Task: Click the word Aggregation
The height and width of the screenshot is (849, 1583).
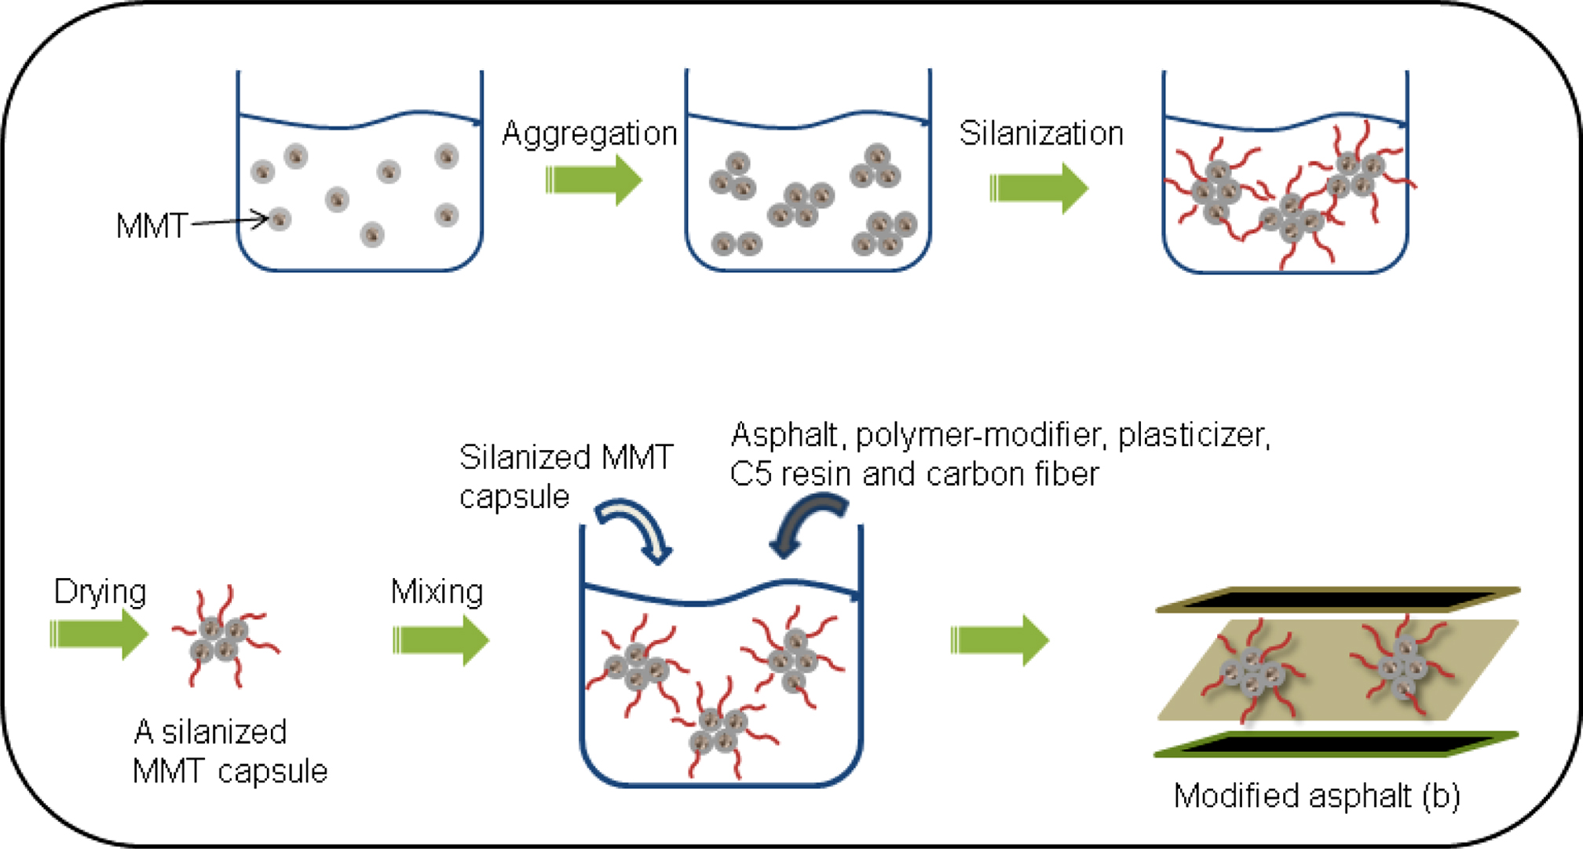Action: [589, 134]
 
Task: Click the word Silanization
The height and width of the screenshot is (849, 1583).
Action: [1041, 134]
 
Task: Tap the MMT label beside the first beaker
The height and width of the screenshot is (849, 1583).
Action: [152, 226]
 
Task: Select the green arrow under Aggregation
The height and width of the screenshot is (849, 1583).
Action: [594, 180]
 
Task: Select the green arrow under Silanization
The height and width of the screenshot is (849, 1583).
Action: [1038, 188]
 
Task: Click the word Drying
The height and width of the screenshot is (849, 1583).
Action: [100, 591]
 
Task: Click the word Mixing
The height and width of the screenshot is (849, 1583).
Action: [437, 591]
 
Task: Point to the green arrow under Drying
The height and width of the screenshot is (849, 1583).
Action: [98, 634]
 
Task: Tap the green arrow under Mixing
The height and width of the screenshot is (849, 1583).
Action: [441, 640]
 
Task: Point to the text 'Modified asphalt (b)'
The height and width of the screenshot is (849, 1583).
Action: [1317, 796]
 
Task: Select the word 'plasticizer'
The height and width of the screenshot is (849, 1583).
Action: [1193, 435]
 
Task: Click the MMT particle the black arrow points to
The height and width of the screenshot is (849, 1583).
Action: [280, 219]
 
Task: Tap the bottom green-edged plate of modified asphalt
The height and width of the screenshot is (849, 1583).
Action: [1335, 743]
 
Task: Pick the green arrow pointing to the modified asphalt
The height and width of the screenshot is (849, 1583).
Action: [999, 640]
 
